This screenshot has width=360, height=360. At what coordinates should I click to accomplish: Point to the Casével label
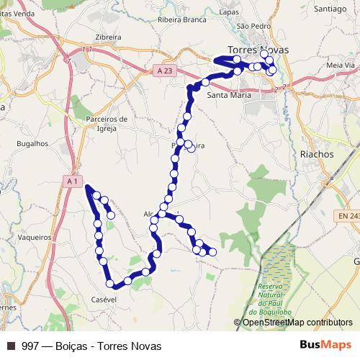tap(104, 299)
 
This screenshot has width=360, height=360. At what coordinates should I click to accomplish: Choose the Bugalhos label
tap(32, 143)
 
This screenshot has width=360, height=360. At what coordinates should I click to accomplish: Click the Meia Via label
tap(341, 65)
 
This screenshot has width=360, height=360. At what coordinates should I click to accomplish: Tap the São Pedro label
tap(253, 25)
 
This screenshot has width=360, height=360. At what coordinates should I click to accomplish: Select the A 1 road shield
tap(71, 181)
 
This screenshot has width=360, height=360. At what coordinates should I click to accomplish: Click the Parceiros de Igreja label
tap(106, 124)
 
